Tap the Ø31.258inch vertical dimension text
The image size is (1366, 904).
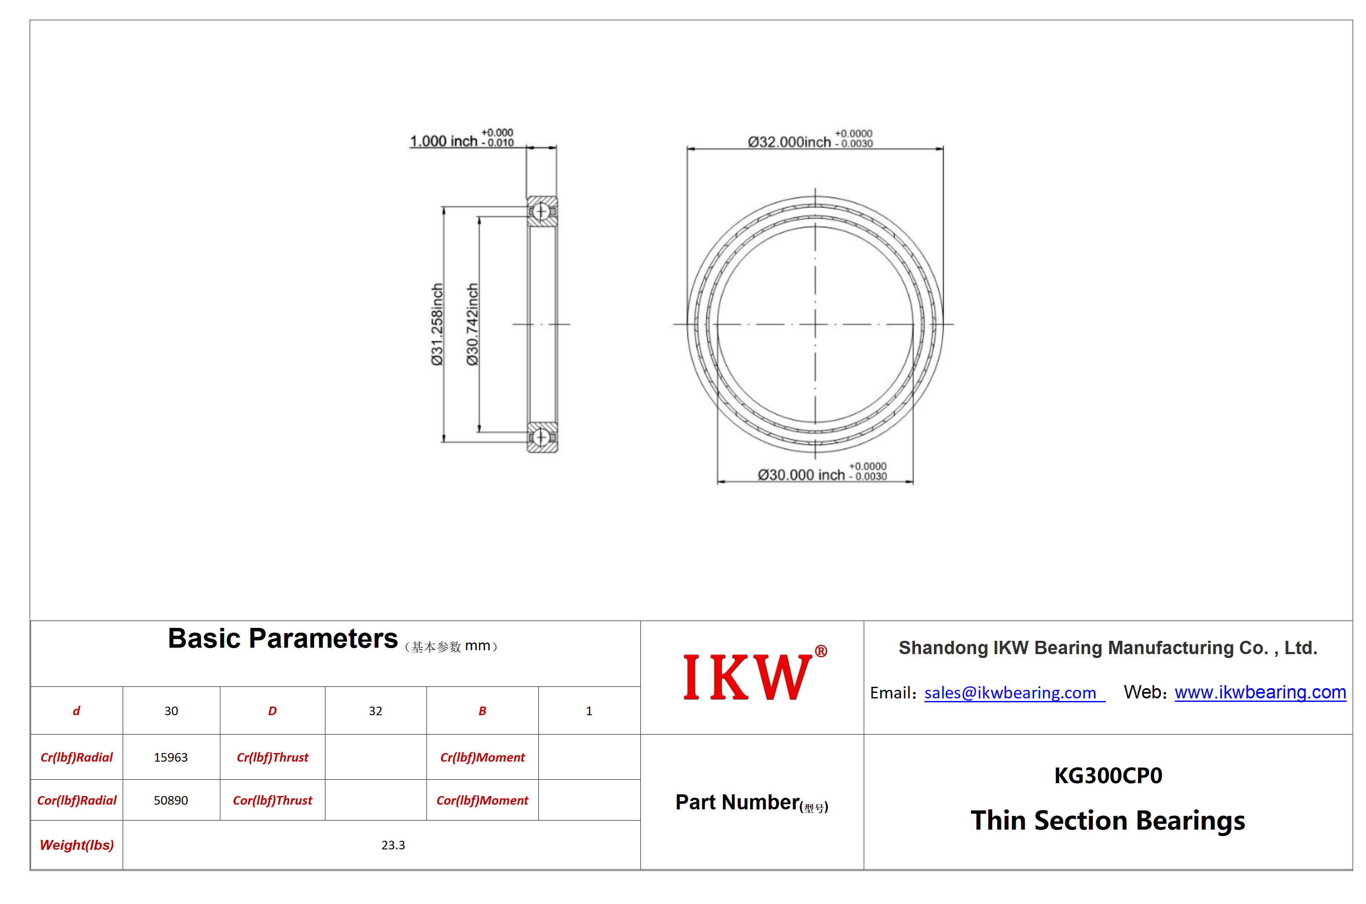[437, 324]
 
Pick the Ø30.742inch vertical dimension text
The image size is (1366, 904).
[473, 324]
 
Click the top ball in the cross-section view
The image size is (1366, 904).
[541, 212]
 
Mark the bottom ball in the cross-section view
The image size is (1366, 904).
[541, 437]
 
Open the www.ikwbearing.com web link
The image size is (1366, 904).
[1260, 692]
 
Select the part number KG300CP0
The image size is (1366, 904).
[1108, 775]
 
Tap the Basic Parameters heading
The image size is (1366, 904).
[283, 639]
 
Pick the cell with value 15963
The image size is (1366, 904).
[171, 757]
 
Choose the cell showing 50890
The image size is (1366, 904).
[171, 800]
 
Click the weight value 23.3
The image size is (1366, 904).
[393, 845]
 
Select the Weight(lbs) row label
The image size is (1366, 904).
[77, 845]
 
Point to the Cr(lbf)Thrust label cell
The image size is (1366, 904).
[272, 757]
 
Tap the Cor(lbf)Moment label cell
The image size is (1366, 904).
[482, 800]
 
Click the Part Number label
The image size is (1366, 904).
[752, 803]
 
